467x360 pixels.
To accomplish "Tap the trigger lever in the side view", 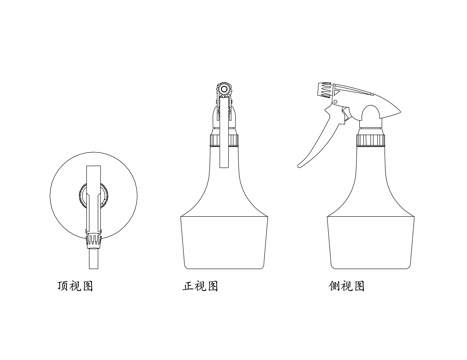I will point(319,140).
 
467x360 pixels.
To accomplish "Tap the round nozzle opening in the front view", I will point(225,90).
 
